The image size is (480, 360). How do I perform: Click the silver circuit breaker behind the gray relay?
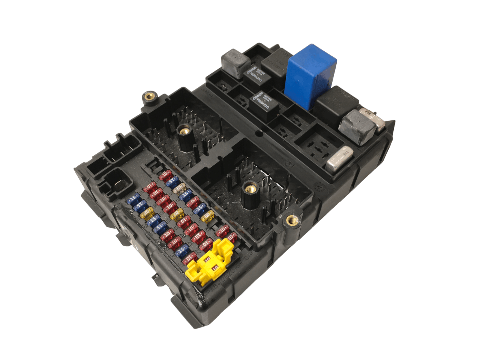(x=373, y=117)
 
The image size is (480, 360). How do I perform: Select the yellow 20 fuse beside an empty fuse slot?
(x=207, y=217)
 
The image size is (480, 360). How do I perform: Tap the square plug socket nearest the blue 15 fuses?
(x=114, y=182)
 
